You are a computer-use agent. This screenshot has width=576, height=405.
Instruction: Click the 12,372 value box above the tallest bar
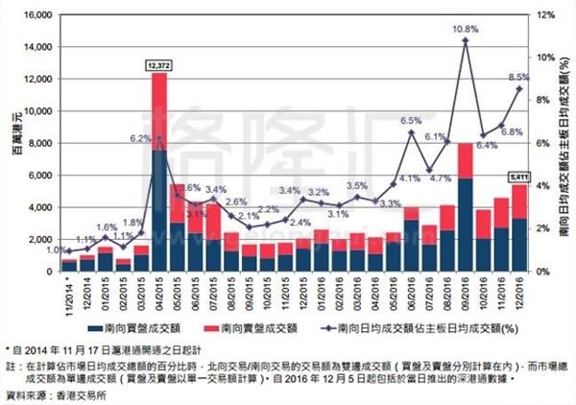click(x=159, y=65)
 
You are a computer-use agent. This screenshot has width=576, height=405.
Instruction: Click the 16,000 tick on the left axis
click(x=35, y=15)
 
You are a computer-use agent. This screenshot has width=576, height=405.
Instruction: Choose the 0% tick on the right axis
click(x=541, y=272)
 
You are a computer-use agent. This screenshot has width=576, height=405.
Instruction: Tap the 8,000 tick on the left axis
click(x=37, y=144)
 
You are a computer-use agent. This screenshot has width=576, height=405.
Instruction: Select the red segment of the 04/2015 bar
click(x=159, y=111)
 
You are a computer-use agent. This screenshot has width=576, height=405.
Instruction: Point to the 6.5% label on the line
click(x=411, y=121)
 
